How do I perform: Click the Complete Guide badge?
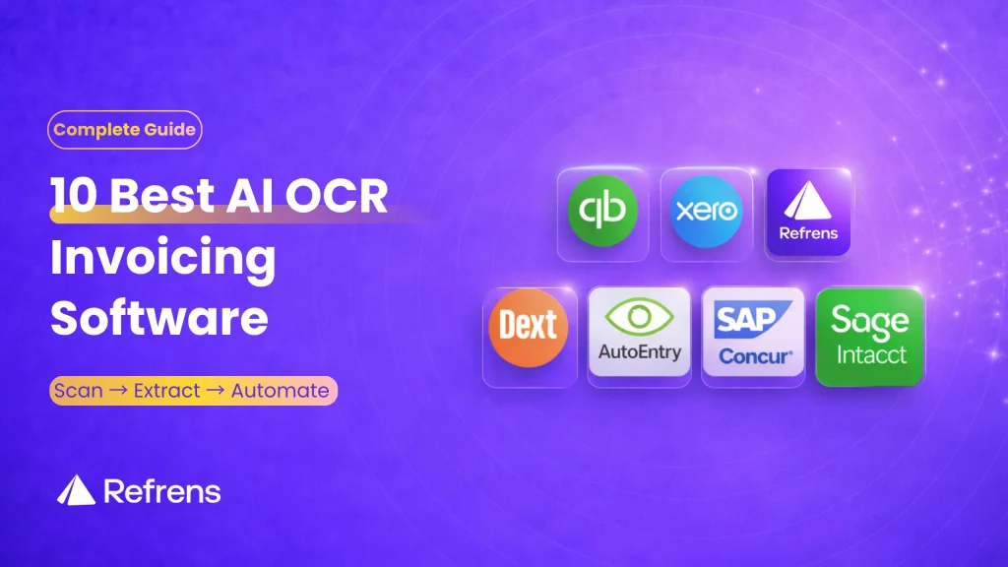click(x=124, y=129)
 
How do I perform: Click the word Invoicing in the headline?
click(x=162, y=259)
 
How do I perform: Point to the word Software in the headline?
click(x=158, y=318)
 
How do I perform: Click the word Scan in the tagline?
click(x=79, y=391)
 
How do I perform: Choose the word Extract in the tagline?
click(x=167, y=391)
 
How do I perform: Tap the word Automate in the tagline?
click(x=280, y=391)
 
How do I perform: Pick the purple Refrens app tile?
click(x=808, y=214)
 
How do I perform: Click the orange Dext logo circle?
click(x=529, y=327)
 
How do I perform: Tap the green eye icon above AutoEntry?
click(x=639, y=317)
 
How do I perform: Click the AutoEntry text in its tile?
click(x=639, y=352)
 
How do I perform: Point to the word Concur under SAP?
click(x=752, y=355)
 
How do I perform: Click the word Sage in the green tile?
click(x=869, y=320)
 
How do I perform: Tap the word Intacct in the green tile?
click(x=870, y=354)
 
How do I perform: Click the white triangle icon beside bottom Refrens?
click(x=76, y=489)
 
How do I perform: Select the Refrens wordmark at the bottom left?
click(x=162, y=491)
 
